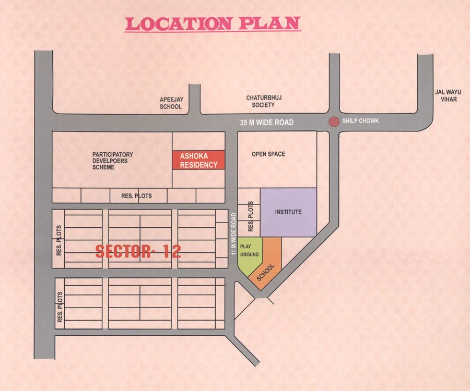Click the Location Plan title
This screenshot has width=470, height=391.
pos(213,23)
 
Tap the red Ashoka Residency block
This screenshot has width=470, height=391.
pos(198,160)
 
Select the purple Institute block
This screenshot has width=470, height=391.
pos(288,212)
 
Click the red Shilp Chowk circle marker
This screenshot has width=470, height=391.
pos(333,121)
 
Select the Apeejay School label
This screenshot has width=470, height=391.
pos(171,103)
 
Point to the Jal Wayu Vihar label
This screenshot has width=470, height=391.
pos(448,95)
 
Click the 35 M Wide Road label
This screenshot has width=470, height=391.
pos(266,123)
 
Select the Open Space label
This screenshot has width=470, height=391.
pos(268,154)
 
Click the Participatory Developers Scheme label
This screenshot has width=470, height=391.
pos(113,161)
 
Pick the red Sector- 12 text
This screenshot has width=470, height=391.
pos(138,251)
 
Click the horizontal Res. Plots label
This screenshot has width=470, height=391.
pos(132,196)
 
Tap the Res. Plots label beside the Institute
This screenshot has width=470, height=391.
pos(251,216)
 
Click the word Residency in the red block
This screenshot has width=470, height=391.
pos(198,165)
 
